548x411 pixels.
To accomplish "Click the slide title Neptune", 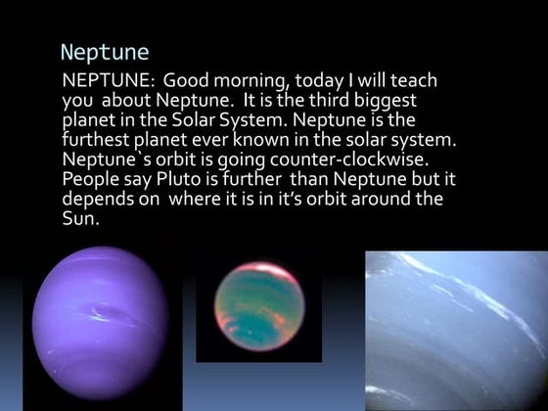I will tap(104, 51).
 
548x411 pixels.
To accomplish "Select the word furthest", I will tap(100, 140).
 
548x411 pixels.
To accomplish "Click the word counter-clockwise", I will tap(373, 160).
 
